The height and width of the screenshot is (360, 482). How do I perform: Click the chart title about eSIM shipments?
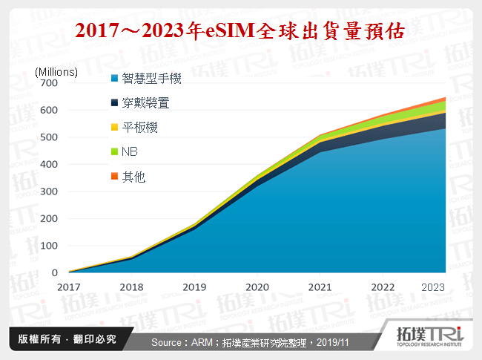(240, 30)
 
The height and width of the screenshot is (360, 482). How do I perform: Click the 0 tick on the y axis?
(54, 273)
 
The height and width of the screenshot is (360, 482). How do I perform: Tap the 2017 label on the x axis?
(68, 287)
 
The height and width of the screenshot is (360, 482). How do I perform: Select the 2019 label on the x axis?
(194, 287)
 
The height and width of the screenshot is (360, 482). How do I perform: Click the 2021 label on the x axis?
(320, 287)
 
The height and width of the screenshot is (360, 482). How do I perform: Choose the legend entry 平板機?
(139, 128)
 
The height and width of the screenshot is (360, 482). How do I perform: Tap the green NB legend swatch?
(114, 152)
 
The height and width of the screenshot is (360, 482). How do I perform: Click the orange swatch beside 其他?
(114, 177)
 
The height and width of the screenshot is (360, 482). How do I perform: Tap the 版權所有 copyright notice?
(67, 338)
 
